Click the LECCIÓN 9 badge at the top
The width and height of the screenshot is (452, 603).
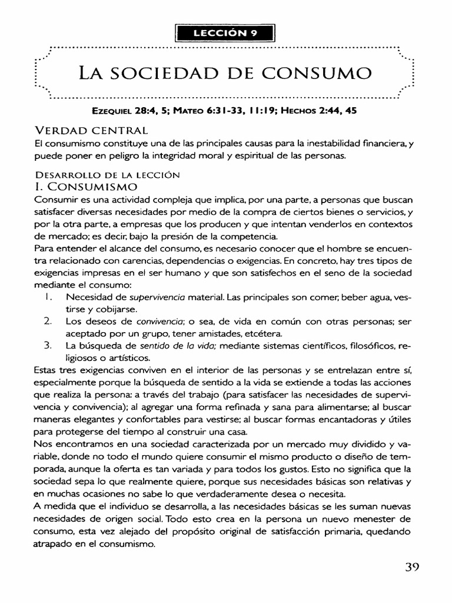(225, 33)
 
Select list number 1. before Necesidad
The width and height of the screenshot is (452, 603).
(48, 296)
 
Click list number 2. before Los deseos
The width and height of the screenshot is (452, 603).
(48, 322)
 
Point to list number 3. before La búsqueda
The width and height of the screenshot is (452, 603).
(48, 346)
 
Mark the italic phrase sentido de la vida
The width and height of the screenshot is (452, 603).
(176, 346)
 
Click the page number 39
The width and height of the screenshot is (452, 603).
(411, 568)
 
